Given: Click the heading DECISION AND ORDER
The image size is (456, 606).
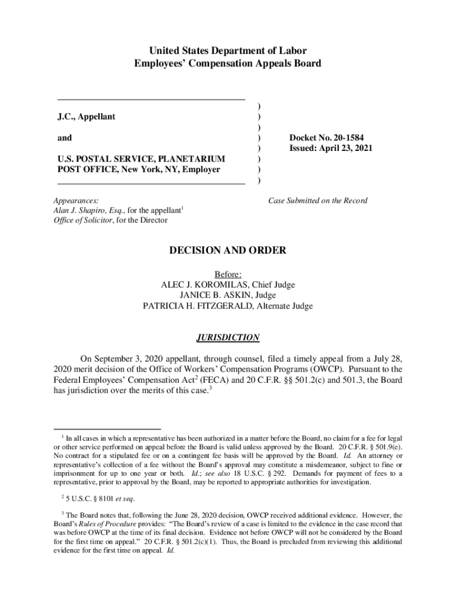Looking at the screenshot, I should pos(228,250).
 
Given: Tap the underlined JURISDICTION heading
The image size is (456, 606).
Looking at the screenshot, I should pos(228,337).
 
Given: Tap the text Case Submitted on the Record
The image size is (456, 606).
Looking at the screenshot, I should pos(317,201).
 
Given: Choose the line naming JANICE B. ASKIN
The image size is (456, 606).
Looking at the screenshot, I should pos(227,295).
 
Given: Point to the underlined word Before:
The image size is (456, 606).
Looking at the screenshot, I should pos(227,274).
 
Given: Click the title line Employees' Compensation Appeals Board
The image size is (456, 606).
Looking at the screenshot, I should pos(228,63).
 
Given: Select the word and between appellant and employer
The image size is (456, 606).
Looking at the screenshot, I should pos(65,138).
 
